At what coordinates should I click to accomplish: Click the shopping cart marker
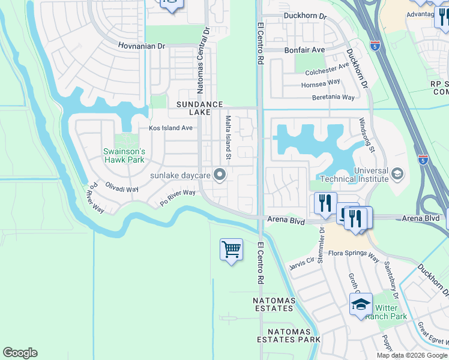pos(232,249)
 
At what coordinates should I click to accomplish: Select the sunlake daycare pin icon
pos(220,175)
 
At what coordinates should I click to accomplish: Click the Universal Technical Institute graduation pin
pos(397,174)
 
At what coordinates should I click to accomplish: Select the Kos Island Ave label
pos(170,128)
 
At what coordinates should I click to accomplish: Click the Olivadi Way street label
pos(122,188)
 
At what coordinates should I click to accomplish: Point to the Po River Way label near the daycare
pos(178,197)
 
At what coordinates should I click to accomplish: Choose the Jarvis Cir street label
pos(302,263)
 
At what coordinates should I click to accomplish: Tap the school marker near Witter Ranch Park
pos(361,304)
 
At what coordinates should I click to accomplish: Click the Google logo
pos(20,353)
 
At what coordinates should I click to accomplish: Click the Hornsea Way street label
pos(321,84)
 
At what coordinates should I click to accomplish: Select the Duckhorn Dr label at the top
pos(304,16)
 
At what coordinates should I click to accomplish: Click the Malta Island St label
pos(228,139)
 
